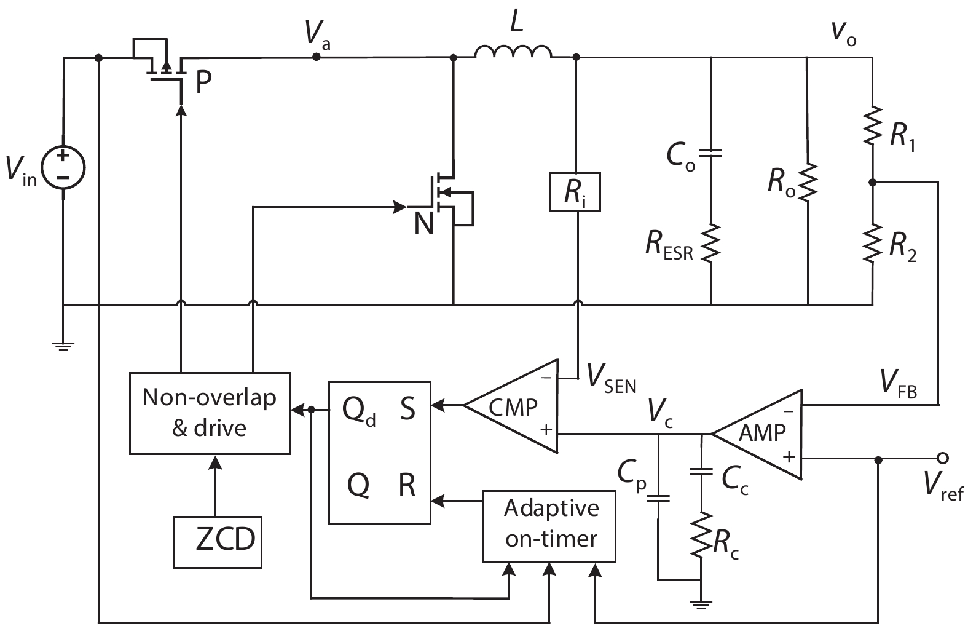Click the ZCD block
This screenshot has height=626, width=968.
point(218,542)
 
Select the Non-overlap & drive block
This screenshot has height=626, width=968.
point(210,413)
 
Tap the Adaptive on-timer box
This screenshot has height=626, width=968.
point(549,526)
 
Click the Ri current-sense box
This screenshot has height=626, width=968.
point(575,192)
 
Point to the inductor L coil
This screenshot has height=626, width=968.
point(513,51)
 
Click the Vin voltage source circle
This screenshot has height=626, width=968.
point(63,167)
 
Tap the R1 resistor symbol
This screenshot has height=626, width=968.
point(872,125)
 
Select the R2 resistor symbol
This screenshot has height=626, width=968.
point(872,243)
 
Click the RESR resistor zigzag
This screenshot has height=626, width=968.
point(711,243)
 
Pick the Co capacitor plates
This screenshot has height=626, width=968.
point(711,153)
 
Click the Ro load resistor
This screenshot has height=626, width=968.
point(808,182)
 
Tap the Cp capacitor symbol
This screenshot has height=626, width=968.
point(658,499)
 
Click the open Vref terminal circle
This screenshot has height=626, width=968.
point(943,458)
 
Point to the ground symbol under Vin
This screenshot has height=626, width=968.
point(63,346)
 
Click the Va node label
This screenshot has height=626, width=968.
point(317,33)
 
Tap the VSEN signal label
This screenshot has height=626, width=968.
point(612,379)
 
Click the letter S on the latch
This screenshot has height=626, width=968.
point(407,408)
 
